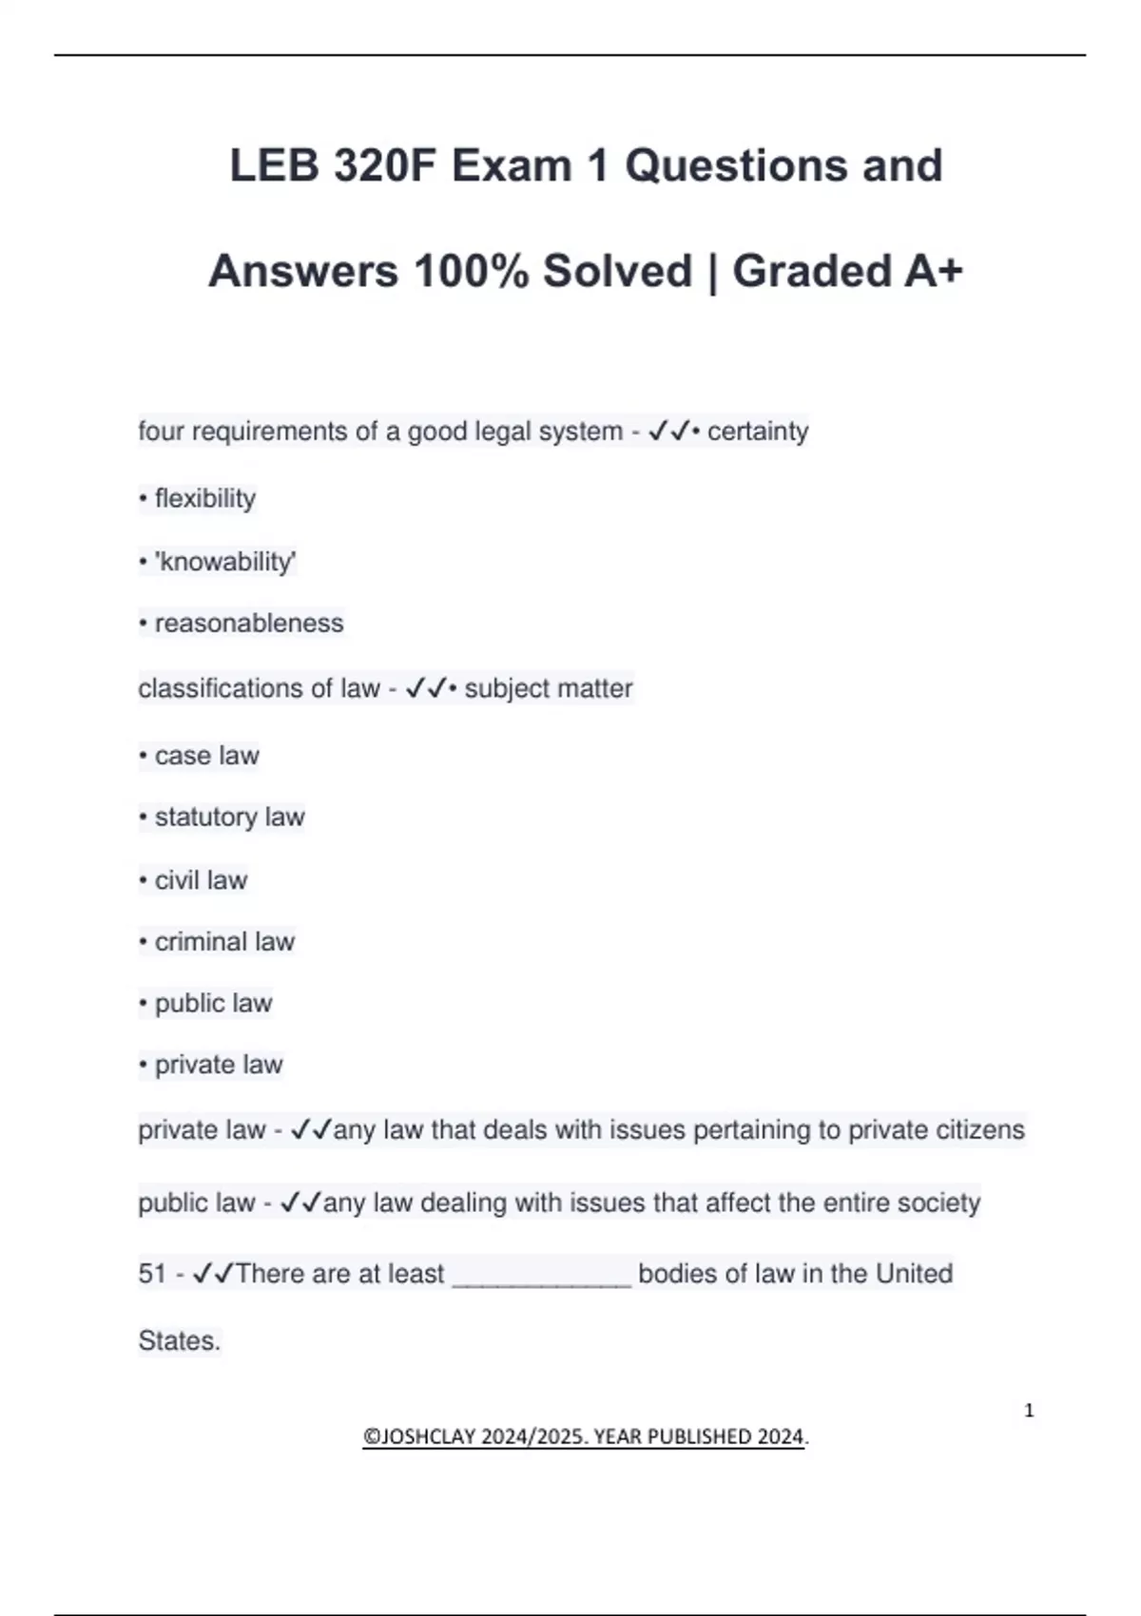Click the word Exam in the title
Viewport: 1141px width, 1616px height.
511,166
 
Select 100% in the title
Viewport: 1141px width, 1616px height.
471,272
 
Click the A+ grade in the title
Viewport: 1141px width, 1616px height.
933,272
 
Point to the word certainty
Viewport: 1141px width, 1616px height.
758,432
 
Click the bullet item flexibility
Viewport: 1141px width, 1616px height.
204,498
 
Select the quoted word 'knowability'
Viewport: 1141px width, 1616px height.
225,562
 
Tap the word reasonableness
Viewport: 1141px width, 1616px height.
248,624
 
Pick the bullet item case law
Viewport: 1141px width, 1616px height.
206,756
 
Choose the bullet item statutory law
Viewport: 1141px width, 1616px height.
229,818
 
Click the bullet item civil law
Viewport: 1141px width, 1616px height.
201,880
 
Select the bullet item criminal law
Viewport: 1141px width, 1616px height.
224,942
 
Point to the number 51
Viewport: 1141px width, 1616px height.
152,1274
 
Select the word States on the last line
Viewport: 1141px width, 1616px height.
179,1341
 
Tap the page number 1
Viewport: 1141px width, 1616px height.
1029,1411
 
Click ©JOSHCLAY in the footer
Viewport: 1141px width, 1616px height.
418,1436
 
